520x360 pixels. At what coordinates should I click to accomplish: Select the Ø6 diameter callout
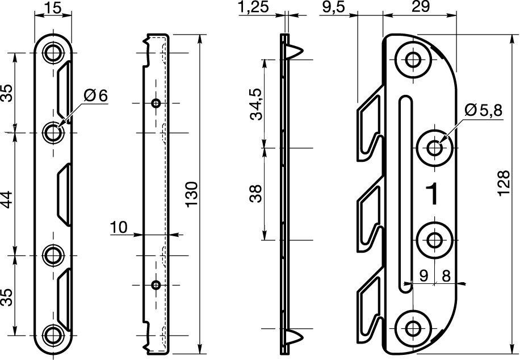(94, 95)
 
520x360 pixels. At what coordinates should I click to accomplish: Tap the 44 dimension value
(7, 194)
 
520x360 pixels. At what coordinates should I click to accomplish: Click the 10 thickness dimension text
(119, 228)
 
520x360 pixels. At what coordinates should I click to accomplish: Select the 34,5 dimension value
(256, 104)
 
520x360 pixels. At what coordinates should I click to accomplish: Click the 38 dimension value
(256, 194)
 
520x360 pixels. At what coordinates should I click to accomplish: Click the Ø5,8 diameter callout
(483, 111)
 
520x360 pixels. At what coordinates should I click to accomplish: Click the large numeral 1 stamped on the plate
(431, 194)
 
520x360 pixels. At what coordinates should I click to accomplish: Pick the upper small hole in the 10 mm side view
(156, 103)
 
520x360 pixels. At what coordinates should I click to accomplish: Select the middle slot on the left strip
(64, 193)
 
